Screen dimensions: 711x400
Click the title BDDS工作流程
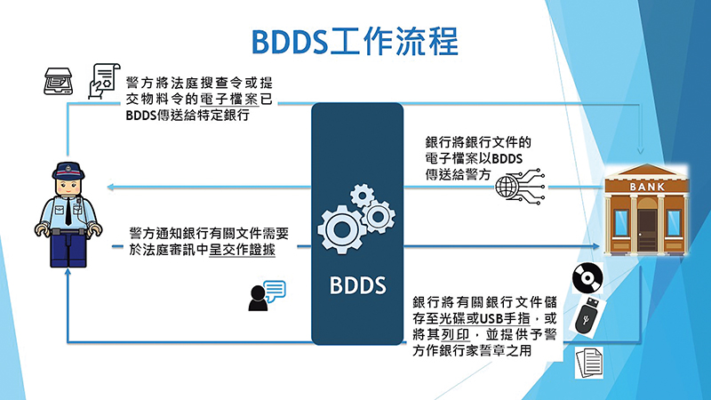click(355, 41)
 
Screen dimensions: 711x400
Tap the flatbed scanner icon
click(58, 81)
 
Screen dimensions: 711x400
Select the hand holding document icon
click(104, 81)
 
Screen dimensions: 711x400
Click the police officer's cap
click(68, 170)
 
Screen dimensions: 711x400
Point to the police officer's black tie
click(68, 211)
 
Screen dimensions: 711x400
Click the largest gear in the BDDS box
click(342, 229)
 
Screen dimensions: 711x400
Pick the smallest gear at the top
click(362, 196)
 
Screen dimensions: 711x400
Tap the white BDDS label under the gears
click(358, 285)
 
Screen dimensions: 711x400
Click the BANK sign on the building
click(647, 187)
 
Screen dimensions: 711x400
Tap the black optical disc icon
click(587, 277)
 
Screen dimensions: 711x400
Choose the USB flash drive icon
click(587, 316)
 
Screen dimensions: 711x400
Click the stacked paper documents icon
click(589, 363)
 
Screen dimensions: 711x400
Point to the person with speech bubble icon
click(267, 296)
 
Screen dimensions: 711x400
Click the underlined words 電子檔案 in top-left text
click(229, 99)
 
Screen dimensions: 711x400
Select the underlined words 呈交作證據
click(242, 250)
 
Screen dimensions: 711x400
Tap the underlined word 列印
click(455, 334)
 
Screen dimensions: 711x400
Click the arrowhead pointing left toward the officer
click(110, 187)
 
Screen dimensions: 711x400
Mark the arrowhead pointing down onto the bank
click(640, 150)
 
